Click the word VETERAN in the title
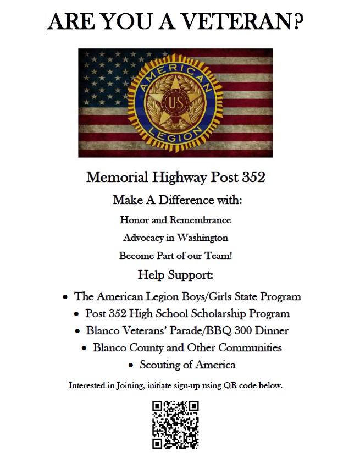click(x=237, y=22)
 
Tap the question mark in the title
click(x=297, y=22)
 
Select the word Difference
click(x=181, y=200)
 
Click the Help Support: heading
click(x=175, y=274)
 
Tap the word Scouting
click(x=160, y=365)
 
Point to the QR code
click(x=175, y=424)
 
